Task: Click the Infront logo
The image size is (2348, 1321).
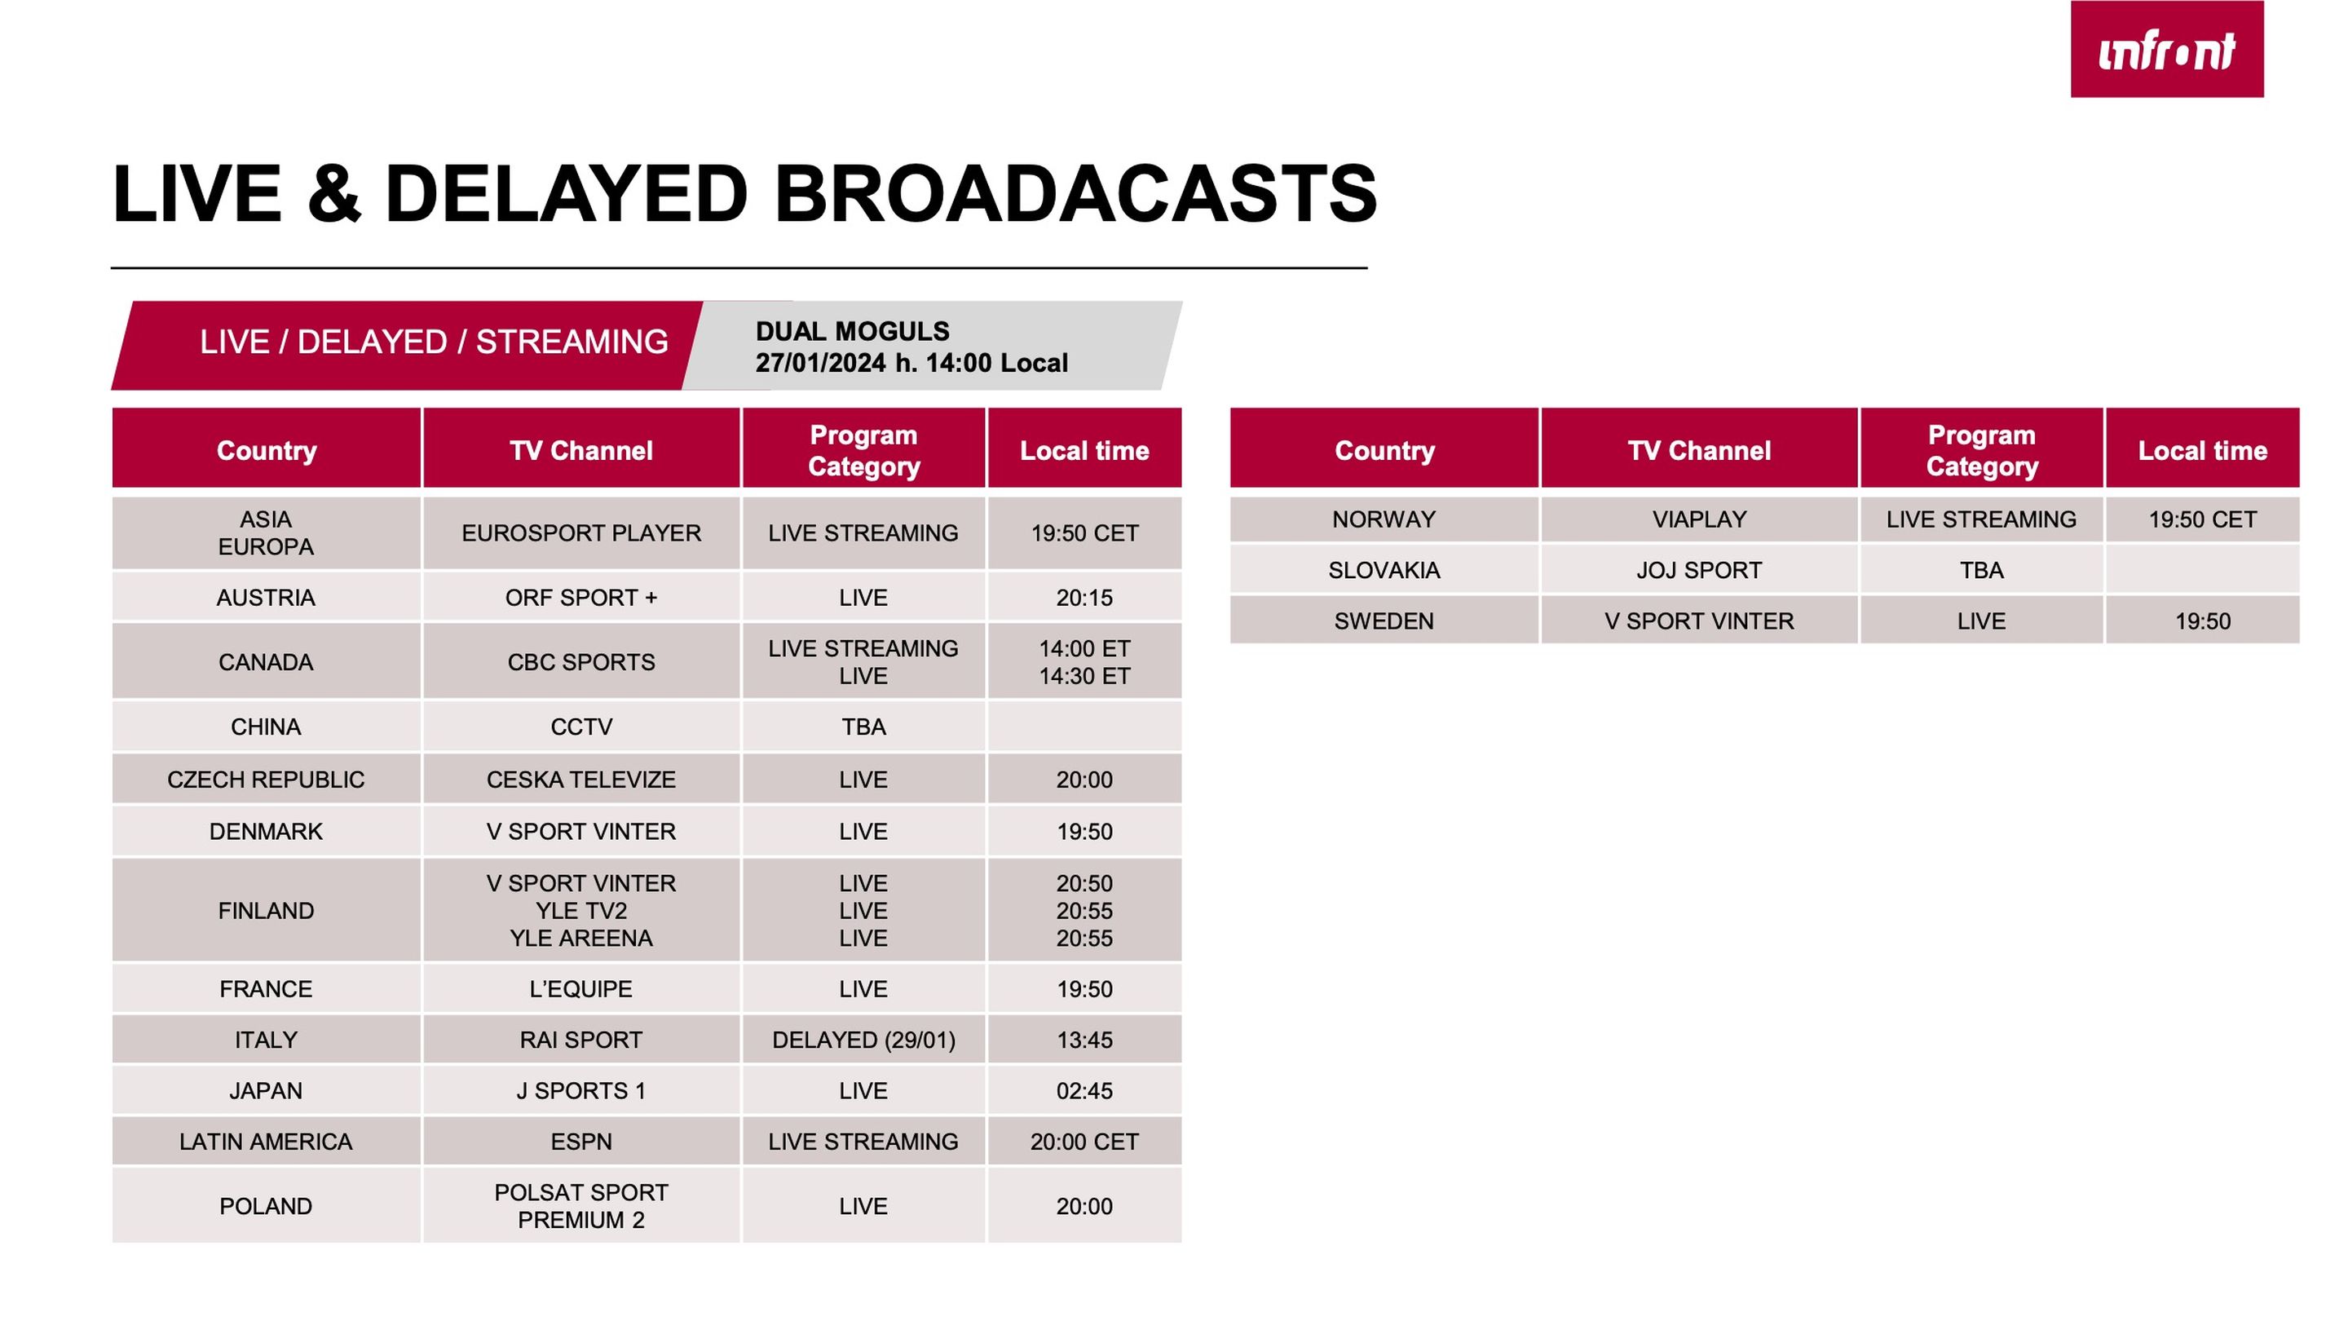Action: pos(2167,49)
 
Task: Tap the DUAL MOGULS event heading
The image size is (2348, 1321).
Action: pos(852,331)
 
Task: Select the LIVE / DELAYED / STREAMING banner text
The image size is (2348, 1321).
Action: pos(434,342)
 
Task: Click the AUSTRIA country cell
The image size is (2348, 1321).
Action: pos(266,598)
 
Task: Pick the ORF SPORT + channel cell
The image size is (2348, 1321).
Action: pos(581,598)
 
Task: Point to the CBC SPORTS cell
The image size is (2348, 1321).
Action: pos(581,662)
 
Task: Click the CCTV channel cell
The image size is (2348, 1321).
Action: pos(581,727)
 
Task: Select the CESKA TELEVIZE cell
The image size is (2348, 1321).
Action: pos(581,780)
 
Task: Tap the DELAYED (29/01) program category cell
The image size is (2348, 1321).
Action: pos(864,1040)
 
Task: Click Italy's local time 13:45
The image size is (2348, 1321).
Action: pos(1084,1040)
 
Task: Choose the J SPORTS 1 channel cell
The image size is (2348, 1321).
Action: pos(581,1091)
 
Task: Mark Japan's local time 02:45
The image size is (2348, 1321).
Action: pos(1084,1091)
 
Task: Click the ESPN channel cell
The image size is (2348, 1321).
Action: pos(581,1142)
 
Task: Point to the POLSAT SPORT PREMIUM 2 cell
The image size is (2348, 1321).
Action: pos(581,1206)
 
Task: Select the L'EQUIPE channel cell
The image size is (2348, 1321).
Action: pos(581,989)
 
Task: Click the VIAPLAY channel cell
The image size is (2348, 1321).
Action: pos(1700,519)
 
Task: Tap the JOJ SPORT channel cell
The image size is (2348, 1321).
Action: pos(1700,571)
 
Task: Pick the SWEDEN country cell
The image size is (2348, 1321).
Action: pos(1384,621)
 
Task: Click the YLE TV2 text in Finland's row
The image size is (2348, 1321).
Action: pos(581,911)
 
